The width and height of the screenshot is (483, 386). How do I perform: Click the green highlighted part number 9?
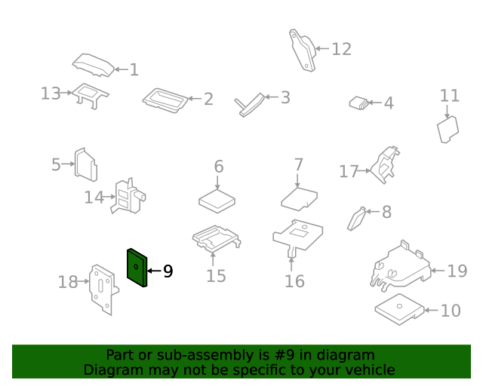(x=137, y=268)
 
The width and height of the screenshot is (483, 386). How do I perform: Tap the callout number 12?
(x=341, y=49)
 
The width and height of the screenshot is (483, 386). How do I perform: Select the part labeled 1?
(x=94, y=66)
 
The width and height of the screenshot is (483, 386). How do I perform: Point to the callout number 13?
(x=51, y=93)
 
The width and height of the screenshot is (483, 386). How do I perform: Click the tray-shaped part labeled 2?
(x=165, y=101)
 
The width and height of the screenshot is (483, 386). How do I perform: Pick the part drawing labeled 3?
(x=250, y=106)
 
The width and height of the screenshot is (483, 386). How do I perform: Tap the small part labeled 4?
(x=359, y=103)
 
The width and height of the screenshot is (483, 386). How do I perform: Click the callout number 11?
(x=450, y=96)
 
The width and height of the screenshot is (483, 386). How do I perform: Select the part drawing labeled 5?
(x=86, y=164)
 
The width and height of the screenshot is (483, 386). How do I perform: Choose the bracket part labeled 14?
(x=128, y=196)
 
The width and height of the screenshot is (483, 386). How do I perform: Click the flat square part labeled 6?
(x=217, y=201)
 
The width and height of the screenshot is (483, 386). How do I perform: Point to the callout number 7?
(x=299, y=164)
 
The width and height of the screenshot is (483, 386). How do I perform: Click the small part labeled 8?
(x=357, y=219)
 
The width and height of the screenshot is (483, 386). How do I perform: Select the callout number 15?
(x=216, y=276)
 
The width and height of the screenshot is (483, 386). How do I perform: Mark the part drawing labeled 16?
(x=298, y=237)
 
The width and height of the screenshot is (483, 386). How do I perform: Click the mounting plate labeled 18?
(x=103, y=289)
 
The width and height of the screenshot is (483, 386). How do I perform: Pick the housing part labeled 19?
(x=400, y=266)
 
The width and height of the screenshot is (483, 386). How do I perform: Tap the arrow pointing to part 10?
(x=432, y=311)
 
